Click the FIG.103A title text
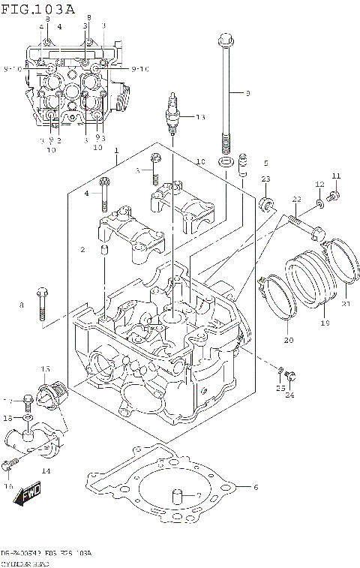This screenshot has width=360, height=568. [x=38, y=9]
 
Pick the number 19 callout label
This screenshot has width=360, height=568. [x=325, y=323]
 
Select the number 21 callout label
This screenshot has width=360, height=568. [x=346, y=304]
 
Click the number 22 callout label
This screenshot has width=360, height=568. [x=296, y=199]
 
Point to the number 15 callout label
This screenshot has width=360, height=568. [x=46, y=368]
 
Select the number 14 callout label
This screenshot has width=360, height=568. [x=46, y=470]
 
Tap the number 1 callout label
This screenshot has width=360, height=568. [x=117, y=151]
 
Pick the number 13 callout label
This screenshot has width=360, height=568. [x=199, y=117]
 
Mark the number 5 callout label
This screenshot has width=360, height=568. [x=265, y=163]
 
